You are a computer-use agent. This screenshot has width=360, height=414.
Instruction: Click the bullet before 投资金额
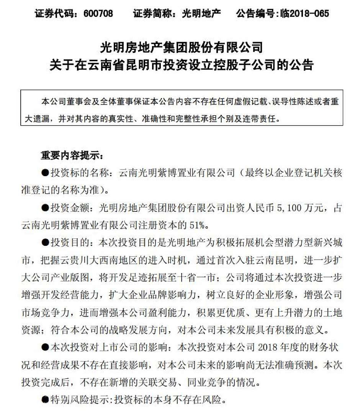[x=45, y=209]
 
